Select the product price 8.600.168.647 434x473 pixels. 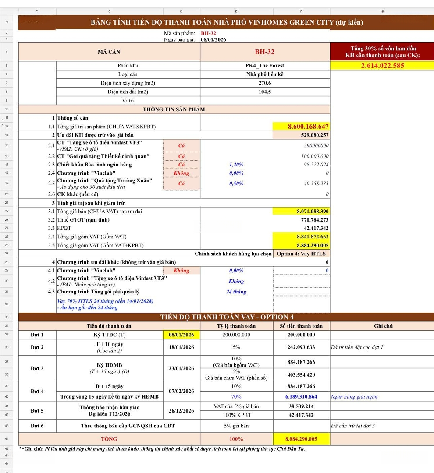click(308, 127)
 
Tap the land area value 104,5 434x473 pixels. click(265, 92)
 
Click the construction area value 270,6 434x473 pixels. click(265, 83)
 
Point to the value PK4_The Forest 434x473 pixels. click(265, 66)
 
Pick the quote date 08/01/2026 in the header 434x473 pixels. click(213, 39)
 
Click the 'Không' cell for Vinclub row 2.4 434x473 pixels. click(181, 173)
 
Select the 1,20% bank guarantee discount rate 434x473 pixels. click(236, 165)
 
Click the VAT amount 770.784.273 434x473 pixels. click(312, 220)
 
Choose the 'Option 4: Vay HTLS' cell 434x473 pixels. click(301, 254)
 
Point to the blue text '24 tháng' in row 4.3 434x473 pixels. click(236, 292)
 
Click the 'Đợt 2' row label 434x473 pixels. click(37, 347)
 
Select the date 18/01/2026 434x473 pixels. click(181, 347)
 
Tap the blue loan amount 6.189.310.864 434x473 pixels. click(301, 397)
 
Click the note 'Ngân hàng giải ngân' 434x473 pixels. click(354, 397)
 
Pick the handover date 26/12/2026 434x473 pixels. click(181, 411)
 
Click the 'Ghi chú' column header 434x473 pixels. click(383, 326)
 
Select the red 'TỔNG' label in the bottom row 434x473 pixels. click(109, 439)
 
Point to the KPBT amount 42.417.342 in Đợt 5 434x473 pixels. click(301, 415)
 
